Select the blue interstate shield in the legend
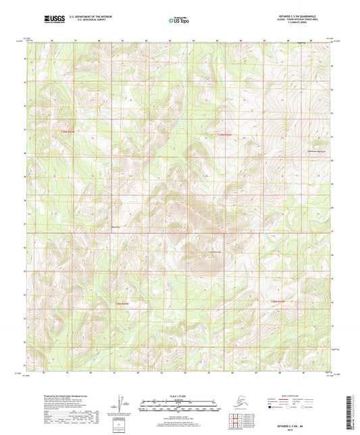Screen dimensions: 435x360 272,408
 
